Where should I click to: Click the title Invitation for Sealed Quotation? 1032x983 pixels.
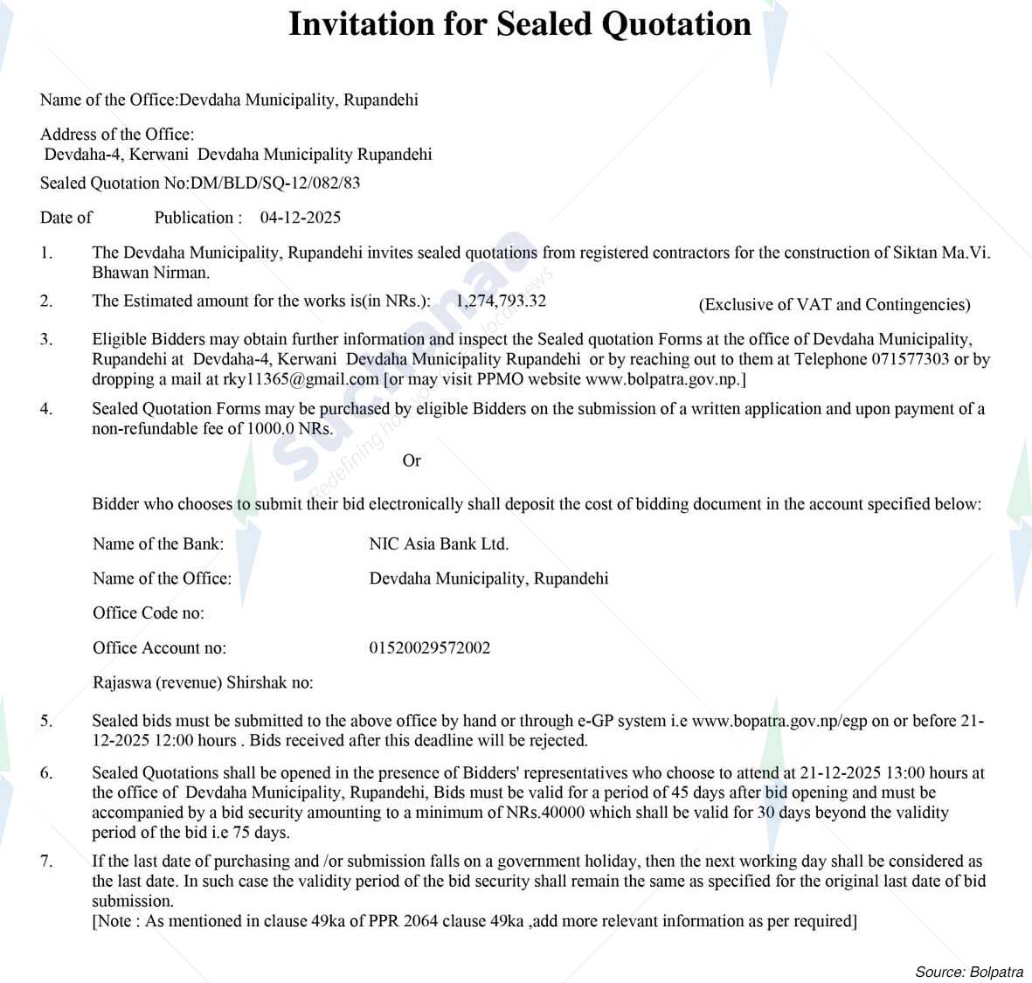[x=519, y=24]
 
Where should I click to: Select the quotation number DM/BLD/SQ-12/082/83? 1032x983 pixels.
[x=275, y=183]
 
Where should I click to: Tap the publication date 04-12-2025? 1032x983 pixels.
[x=300, y=218]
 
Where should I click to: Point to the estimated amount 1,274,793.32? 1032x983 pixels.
[x=501, y=301]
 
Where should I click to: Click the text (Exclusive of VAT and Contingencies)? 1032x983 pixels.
[x=834, y=304]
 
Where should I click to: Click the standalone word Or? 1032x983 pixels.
[x=412, y=460]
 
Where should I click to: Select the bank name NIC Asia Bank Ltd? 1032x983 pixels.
[x=439, y=543]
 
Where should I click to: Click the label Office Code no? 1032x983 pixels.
[x=149, y=613]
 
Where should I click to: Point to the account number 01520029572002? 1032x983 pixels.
[x=429, y=647]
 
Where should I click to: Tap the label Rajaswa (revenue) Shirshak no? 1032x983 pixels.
[x=203, y=682]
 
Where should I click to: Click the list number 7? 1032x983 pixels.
[x=45, y=861]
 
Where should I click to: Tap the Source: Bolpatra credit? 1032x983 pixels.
[x=968, y=972]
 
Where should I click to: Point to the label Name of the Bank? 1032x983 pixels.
[x=157, y=543]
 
